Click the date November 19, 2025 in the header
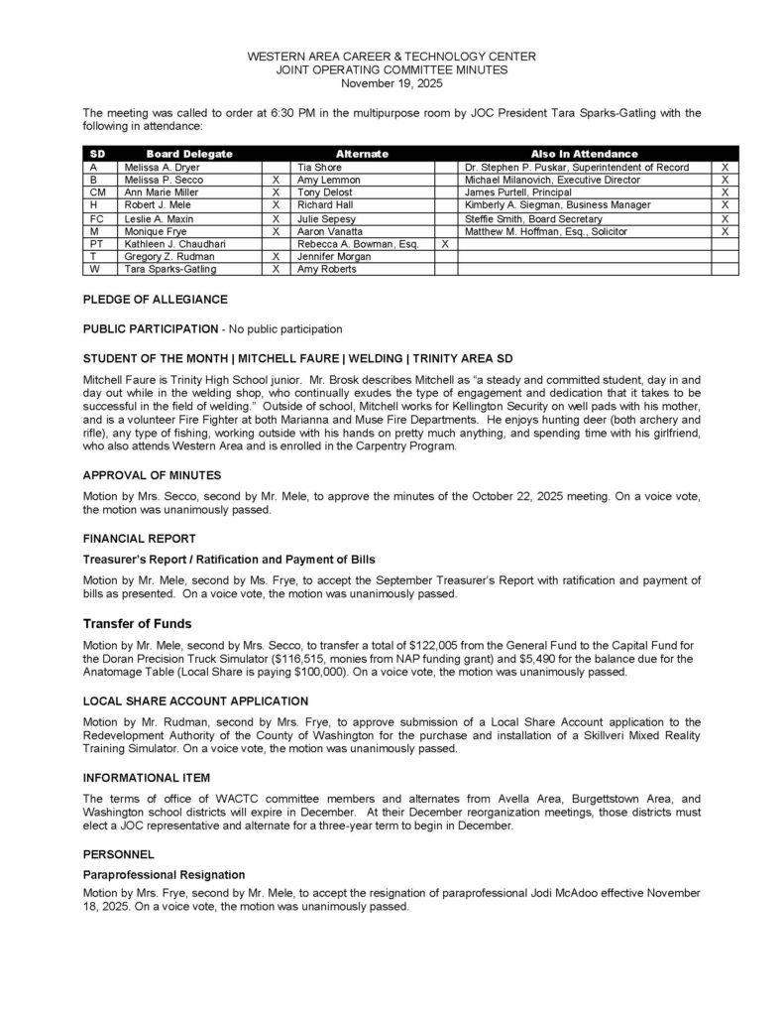(392, 83)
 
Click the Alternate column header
(362, 154)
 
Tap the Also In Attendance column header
(584, 154)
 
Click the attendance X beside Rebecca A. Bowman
(445, 243)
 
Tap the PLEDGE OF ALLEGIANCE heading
(155, 299)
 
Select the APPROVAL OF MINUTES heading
(152, 475)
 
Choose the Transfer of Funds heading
(137, 624)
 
